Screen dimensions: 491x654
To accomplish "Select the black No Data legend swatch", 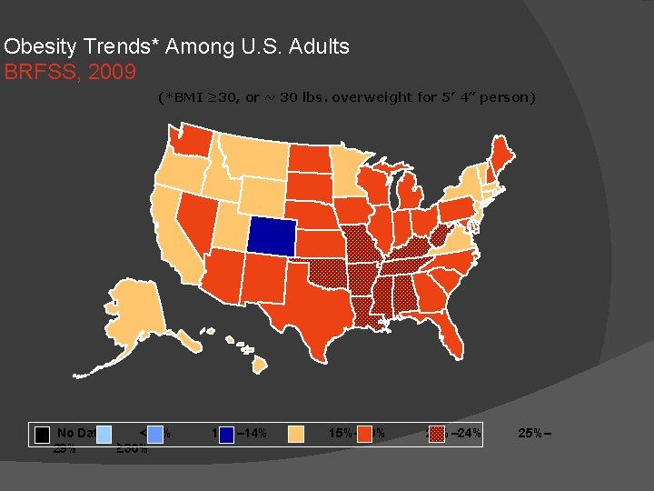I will pos(42,433).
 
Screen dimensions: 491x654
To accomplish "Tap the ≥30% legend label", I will pos(133,447).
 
